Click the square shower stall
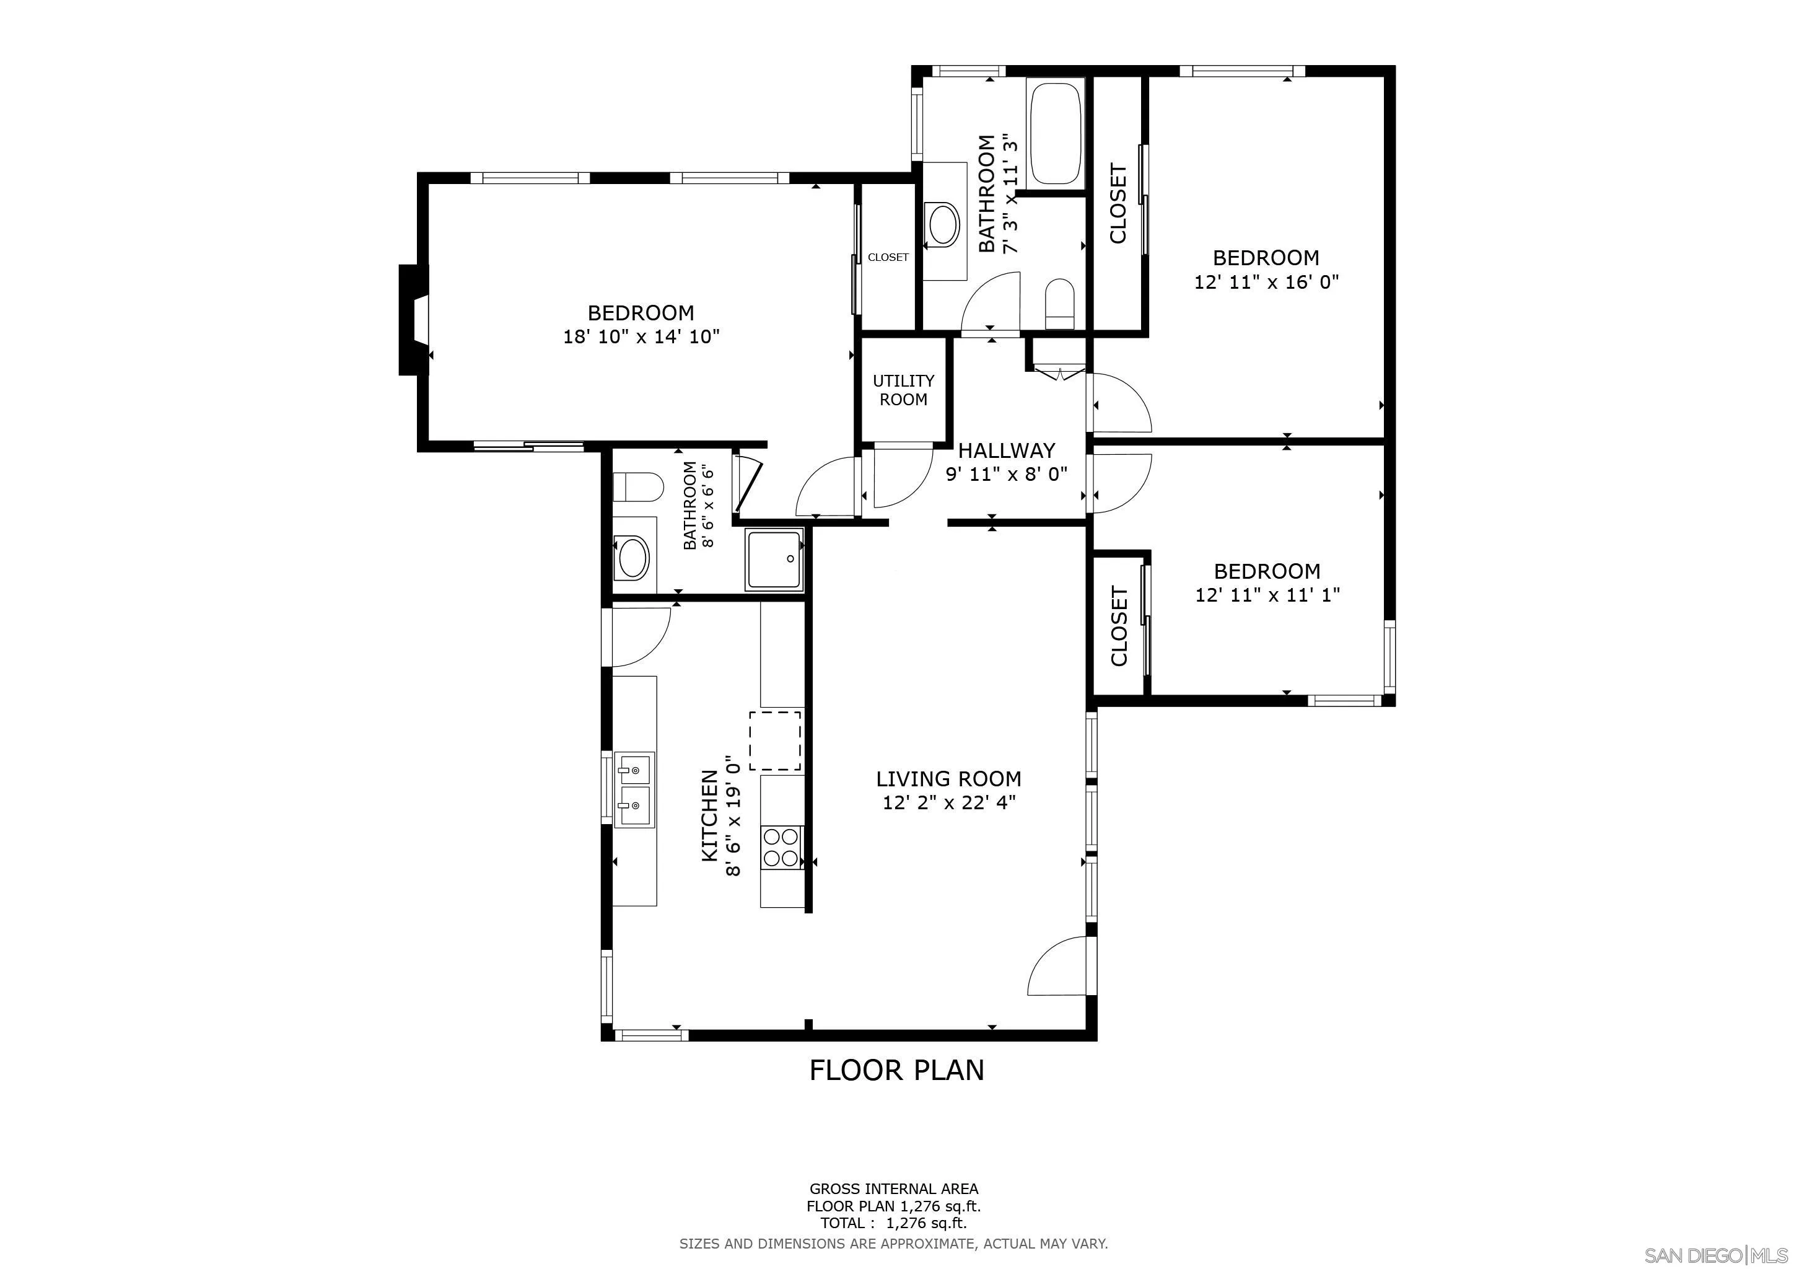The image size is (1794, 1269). pyautogui.click(x=774, y=560)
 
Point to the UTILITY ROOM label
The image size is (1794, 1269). pyautogui.click(x=903, y=390)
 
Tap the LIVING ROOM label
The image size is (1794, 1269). pyautogui.click(x=948, y=779)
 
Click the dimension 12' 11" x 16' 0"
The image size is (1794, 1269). pyautogui.click(x=1267, y=281)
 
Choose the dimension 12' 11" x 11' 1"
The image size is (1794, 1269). pyautogui.click(x=1267, y=595)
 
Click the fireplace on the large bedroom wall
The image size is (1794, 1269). pyautogui.click(x=414, y=320)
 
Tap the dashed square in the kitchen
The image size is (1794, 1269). pyautogui.click(x=775, y=741)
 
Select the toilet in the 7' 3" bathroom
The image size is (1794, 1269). pyautogui.click(x=1061, y=304)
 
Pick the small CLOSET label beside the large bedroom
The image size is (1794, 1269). pyautogui.click(x=888, y=257)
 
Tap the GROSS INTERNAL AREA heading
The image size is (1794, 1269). pyautogui.click(x=894, y=1189)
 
